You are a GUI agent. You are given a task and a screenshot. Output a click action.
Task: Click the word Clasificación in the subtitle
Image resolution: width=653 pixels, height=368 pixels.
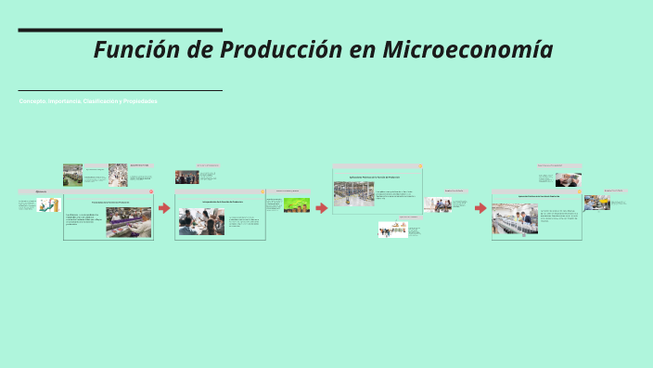[101, 101]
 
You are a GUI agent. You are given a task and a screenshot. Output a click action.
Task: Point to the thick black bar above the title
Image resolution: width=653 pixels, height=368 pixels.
[120, 30]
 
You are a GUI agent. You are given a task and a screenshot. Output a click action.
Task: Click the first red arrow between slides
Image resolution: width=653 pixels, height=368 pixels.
[164, 207]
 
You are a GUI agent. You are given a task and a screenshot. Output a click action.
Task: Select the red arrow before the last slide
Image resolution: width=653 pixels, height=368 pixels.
[480, 207]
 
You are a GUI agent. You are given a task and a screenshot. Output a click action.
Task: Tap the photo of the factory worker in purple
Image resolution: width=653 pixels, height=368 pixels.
[129, 222]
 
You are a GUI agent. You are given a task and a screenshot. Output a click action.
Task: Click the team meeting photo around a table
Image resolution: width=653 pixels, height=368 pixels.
[201, 221]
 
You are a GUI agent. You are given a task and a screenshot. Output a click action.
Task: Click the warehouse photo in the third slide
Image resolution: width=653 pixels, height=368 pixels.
[353, 193]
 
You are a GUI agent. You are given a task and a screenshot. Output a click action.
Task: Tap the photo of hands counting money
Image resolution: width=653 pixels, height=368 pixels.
[569, 179]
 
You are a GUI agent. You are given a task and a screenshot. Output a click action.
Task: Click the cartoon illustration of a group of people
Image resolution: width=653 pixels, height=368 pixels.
[392, 229]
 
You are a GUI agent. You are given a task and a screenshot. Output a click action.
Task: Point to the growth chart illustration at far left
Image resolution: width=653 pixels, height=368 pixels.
[49, 204]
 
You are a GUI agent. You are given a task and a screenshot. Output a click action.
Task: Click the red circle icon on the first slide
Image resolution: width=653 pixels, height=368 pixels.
[149, 192]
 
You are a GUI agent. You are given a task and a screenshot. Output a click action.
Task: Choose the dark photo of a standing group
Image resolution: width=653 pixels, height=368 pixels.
[186, 177]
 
